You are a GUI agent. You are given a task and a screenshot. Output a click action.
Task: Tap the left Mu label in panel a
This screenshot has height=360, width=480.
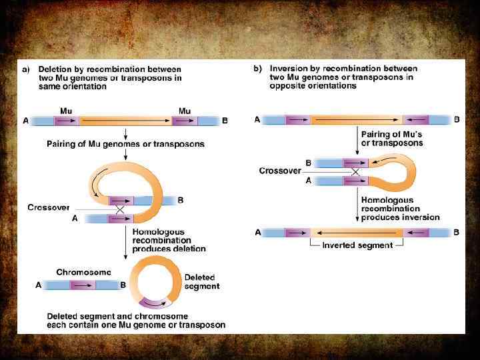(67, 110)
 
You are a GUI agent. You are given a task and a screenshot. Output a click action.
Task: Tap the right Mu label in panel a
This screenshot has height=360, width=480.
(185, 110)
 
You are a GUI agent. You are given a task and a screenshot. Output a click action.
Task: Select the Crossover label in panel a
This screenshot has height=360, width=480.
(49, 207)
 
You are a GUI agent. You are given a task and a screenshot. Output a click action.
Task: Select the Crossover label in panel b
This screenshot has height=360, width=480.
(280, 171)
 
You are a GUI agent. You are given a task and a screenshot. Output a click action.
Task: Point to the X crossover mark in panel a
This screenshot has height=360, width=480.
(121, 209)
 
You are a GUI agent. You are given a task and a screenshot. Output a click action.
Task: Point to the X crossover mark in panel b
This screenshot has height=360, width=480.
(355, 171)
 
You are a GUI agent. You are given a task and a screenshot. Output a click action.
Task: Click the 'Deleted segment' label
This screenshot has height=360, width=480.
(201, 281)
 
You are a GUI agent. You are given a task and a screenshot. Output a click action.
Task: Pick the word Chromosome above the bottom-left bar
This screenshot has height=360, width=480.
(83, 272)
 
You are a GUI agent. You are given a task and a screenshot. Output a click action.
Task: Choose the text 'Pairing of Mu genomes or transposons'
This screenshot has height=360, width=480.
(125, 144)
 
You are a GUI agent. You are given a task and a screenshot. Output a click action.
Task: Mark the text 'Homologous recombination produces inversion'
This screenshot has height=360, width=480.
(400, 208)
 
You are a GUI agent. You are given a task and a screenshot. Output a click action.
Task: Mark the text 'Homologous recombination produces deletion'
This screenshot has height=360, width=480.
(169, 240)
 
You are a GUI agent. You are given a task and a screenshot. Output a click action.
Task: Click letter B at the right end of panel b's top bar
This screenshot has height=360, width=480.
(457, 120)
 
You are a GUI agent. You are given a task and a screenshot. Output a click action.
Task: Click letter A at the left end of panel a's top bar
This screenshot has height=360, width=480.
(25, 121)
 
